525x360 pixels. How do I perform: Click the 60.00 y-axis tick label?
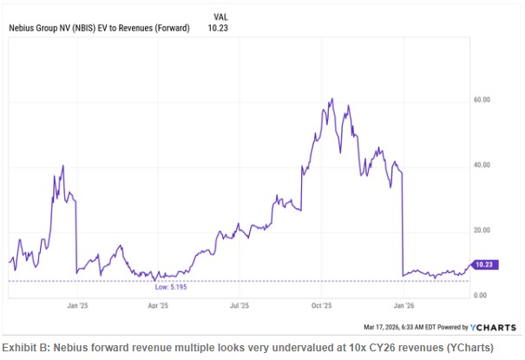pyautogui.click(x=482, y=100)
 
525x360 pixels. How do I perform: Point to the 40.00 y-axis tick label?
pyautogui.click(x=482, y=165)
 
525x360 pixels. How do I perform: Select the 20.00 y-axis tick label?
pyautogui.click(x=482, y=230)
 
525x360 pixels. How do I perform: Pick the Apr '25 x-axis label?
pyautogui.click(x=157, y=306)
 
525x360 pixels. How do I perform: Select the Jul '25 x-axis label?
pyautogui.click(x=240, y=306)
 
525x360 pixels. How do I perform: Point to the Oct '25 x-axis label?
pyautogui.click(x=322, y=306)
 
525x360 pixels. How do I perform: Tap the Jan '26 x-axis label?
pyautogui.click(x=404, y=306)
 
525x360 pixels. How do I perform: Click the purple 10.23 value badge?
pyautogui.click(x=484, y=263)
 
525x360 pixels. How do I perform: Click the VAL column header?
pyautogui.click(x=221, y=16)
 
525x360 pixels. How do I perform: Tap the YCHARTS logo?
pyautogui.click(x=493, y=328)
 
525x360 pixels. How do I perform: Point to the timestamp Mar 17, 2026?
pyautogui.click(x=384, y=328)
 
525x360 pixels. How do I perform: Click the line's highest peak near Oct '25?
pyautogui.click(x=332, y=99)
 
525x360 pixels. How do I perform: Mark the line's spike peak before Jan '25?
pyautogui.click(x=63, y=165)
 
